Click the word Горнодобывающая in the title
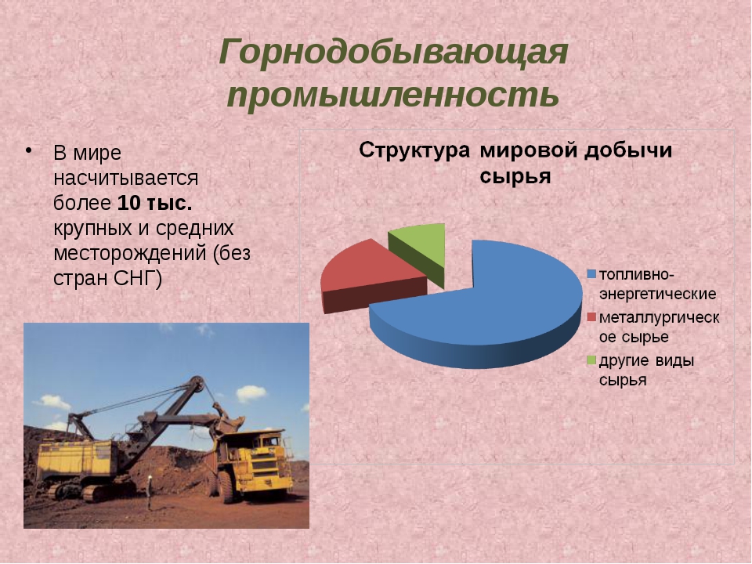click(393, 52)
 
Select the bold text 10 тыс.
click(155, 203)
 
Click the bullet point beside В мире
click(29, 150)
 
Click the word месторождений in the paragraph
click(131, 253)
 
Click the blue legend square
click(591, 274)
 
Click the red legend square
click(591, 317)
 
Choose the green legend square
click(591, 360)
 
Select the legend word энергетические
click(657, 294)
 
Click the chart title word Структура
click(414, 150)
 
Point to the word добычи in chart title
click(628, 150)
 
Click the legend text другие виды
click(646, 360)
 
